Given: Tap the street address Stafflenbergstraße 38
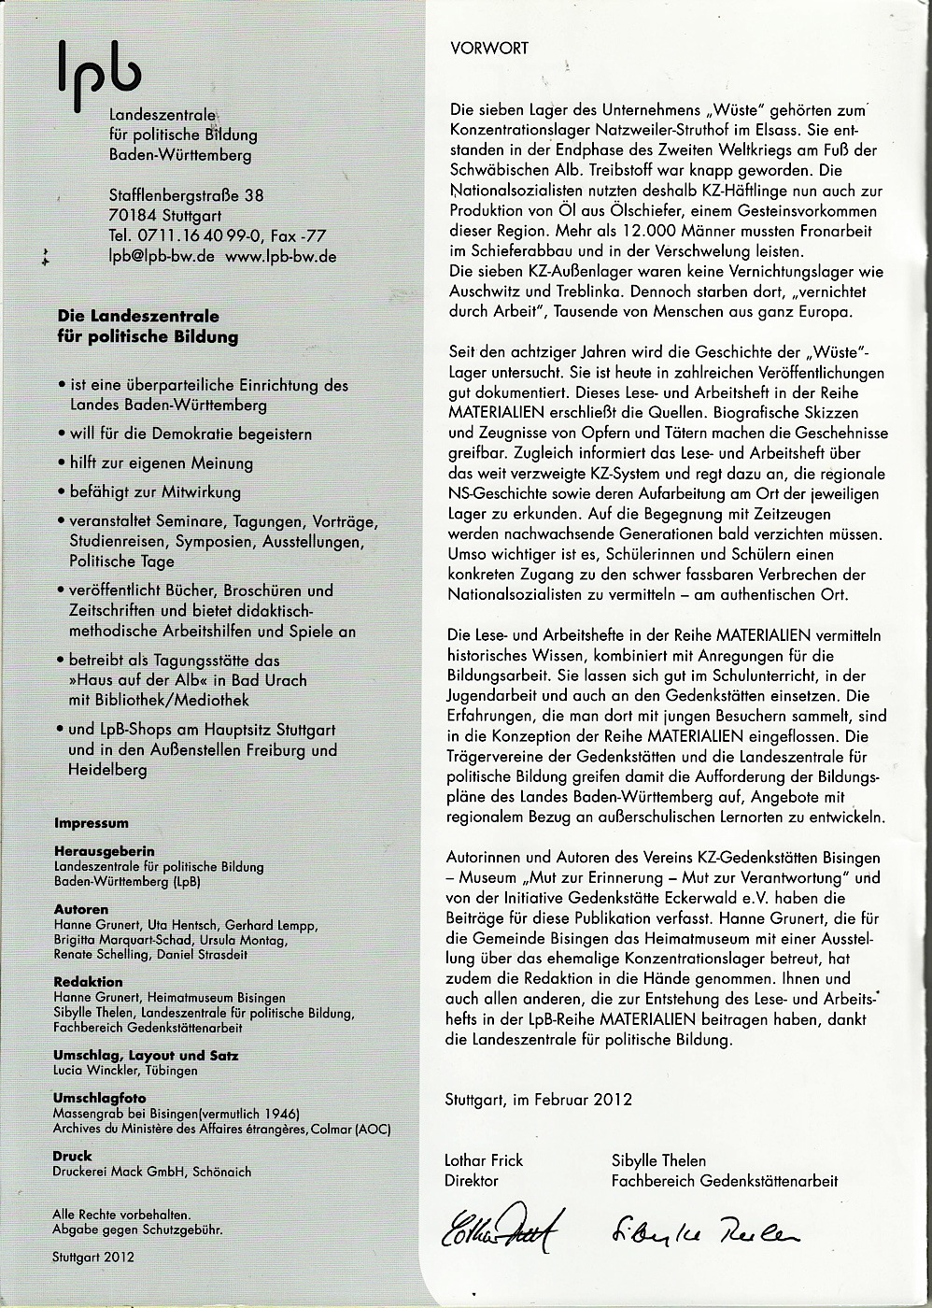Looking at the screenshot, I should click(186, 195).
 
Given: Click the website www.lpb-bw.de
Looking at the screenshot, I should click(281, 255).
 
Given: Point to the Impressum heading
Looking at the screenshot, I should click(92, 823).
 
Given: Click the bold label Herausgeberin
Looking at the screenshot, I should click(105, 851).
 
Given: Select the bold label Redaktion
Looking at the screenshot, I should click(89, 982).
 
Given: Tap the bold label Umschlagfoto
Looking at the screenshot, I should click(100, 1098).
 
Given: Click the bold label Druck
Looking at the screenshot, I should click(73, 1156).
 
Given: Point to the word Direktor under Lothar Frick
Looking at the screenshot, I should click(473, 1180).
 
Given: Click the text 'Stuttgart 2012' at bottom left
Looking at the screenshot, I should click(93, 1257).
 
